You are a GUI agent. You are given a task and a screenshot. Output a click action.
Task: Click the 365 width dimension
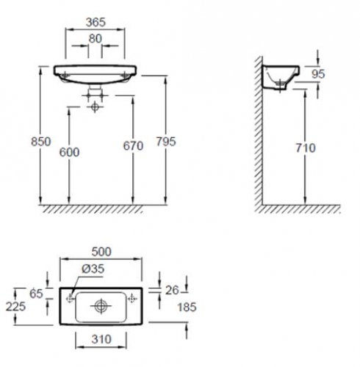pos(93,22)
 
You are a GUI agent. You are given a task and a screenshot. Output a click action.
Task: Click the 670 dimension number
pos(133,145)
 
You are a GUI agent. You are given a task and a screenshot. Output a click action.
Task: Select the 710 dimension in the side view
pos(306,148)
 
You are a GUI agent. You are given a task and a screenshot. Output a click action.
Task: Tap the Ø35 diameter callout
pos(93,269)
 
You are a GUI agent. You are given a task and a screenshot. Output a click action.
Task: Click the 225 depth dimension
pos(14,306)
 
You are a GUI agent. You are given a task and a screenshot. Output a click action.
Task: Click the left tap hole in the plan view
pos(68,298)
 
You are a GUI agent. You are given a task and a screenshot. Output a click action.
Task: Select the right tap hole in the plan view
pos(132,298)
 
